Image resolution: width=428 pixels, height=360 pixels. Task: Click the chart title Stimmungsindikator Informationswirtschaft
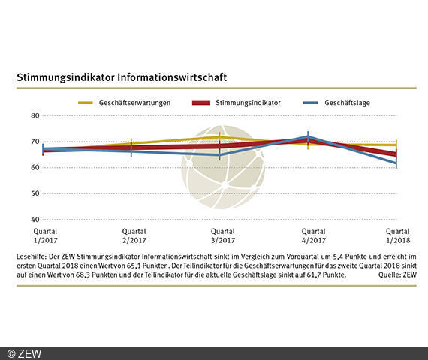click(x=122, y=77)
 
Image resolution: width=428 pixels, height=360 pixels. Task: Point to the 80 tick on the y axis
click(x=35, y=115)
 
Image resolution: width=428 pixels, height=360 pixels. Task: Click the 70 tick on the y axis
click(x=35, y=142)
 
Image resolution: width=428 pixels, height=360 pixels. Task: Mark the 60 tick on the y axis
click(x=35, y=167)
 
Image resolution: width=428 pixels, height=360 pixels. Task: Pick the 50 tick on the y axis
click(x=35, y=193)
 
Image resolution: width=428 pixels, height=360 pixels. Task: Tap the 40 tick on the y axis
click(x=35, y=220)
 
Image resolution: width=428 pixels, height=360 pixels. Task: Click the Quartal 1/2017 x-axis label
click(x=44, y=236)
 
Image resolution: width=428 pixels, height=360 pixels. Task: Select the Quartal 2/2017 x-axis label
click(x=132, y=236)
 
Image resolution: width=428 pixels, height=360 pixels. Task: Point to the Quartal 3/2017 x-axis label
click(x=221, y=236)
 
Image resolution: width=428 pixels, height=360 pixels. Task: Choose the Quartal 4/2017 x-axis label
click(x=309, y=236)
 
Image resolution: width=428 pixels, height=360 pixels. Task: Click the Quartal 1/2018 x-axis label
click(x=397, y=236)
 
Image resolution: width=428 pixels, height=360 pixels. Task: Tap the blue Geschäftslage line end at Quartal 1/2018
click(x=396, y=163)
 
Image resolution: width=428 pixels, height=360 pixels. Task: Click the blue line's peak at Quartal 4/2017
click(x=308, y=137)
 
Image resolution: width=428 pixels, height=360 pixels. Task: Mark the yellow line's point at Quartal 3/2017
click(x=220, y=138)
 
